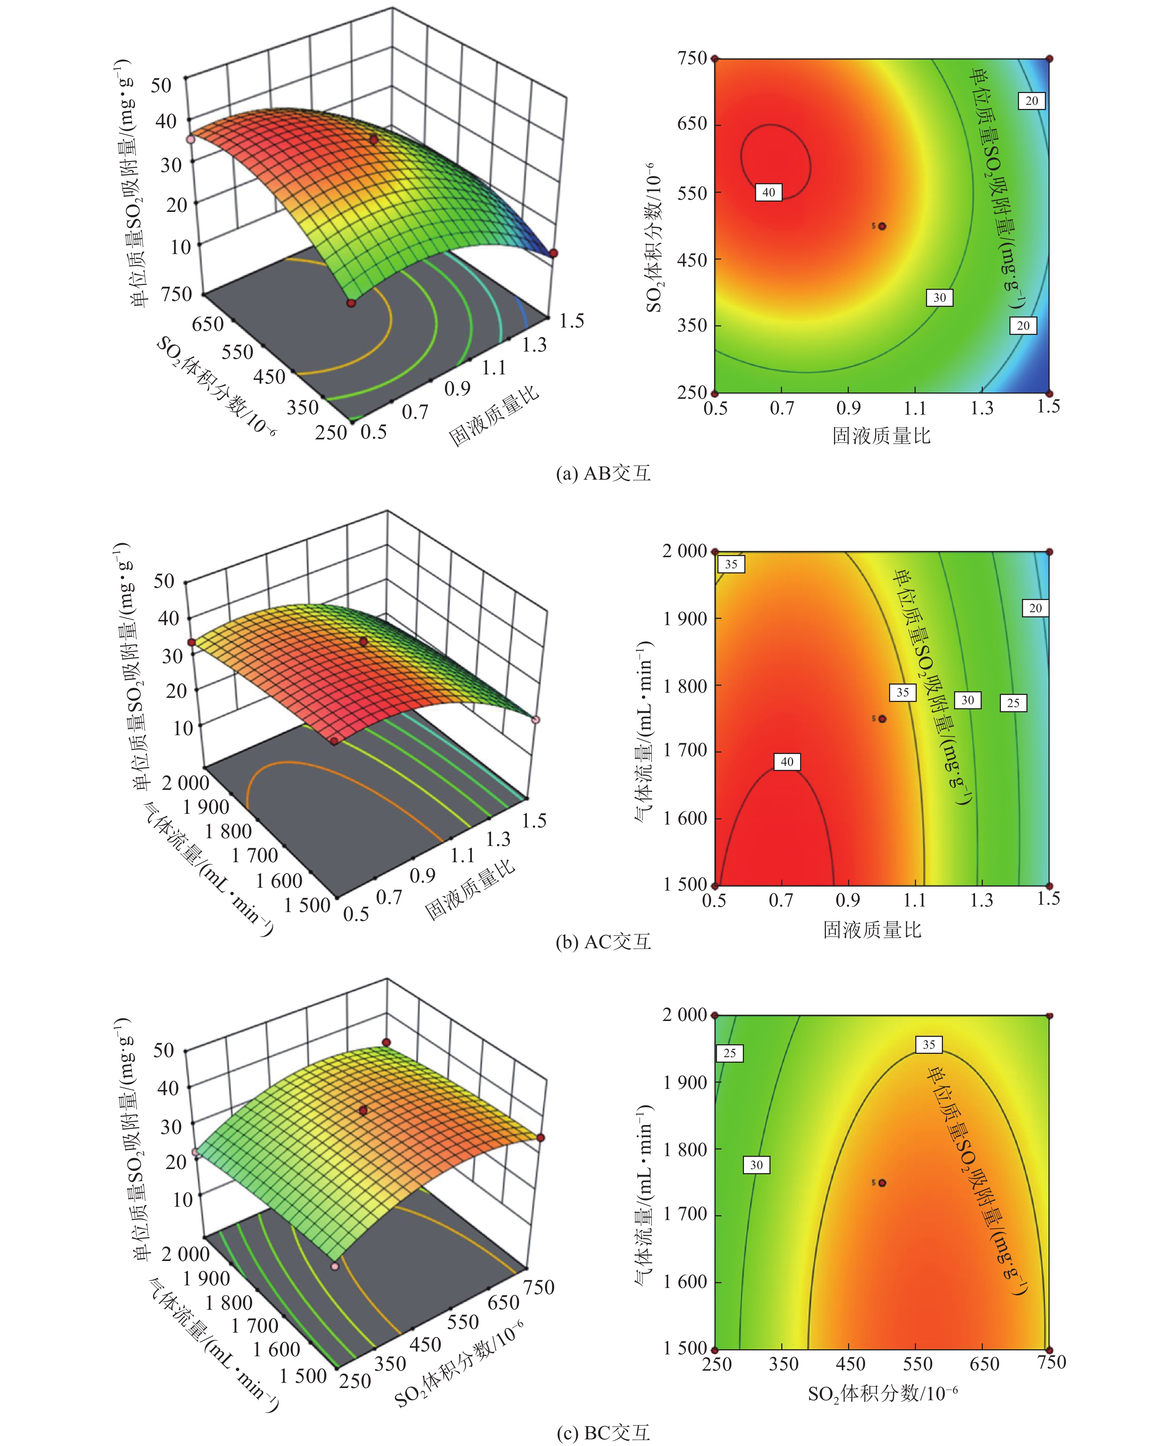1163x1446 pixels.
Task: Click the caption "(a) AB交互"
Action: click(x=603, y=473)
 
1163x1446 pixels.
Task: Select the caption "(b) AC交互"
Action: click(x=603, y=942)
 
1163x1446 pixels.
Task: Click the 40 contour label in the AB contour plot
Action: click(x=769, y=192)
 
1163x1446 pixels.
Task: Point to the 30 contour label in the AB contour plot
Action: click(x=940, y=298)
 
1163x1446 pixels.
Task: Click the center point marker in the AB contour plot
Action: click(x=882, y=226)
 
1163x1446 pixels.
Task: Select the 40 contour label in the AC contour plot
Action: click(x=787, y=762)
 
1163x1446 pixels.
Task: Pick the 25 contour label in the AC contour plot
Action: click(x=1013, y=703)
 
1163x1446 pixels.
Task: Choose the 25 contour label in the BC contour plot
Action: click(x=730, y=1053)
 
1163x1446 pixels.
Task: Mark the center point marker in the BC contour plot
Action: click(x=882, y=1182)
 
